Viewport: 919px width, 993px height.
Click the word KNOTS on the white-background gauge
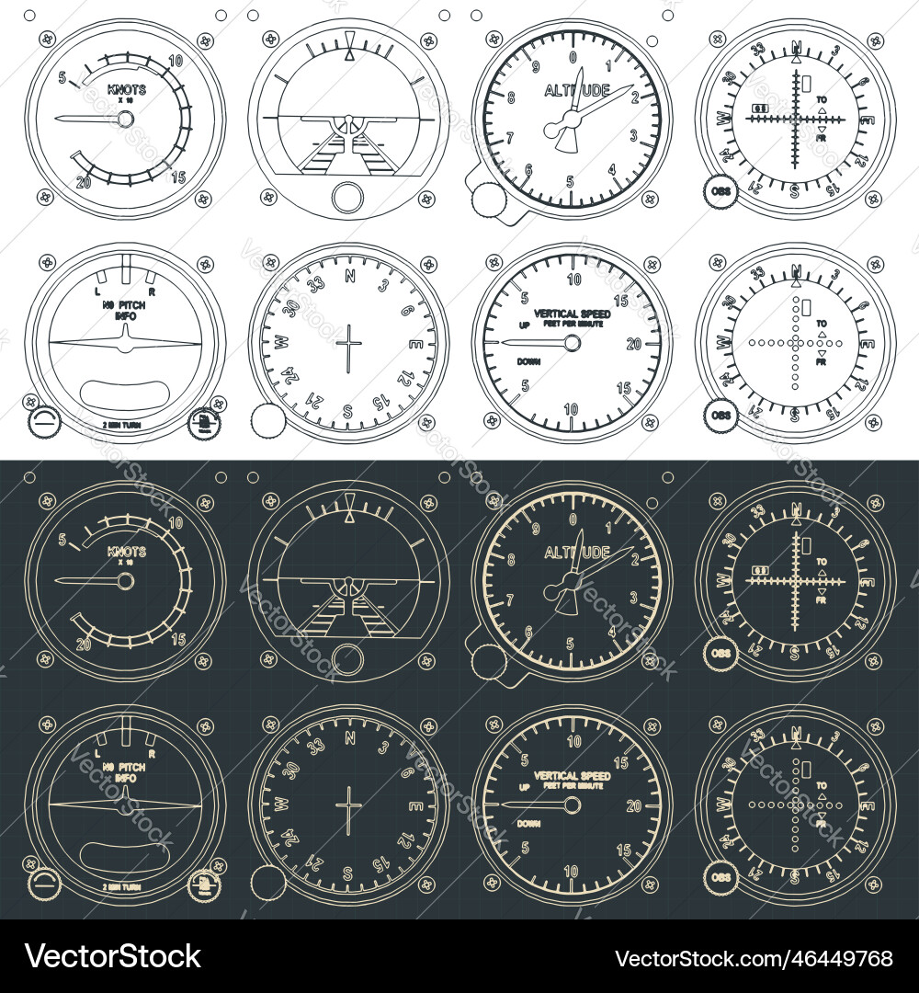coord(126,90)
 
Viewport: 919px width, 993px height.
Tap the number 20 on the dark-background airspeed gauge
coord(85,644)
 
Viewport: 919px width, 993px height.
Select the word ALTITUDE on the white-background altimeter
coord(576,90)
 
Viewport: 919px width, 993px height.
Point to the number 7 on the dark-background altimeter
coord(511,600)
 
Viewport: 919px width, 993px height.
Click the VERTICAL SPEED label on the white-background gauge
coord(572,314)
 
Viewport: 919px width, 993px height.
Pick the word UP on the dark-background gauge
coord(525,788)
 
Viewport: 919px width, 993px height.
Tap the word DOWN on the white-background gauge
coord(528,361)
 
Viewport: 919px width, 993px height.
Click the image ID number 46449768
coord(753,958)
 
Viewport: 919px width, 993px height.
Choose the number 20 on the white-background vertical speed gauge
coord(632,343)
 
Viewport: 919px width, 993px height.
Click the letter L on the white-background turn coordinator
coord(98,291)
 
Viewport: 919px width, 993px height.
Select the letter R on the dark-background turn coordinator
coord(152,752)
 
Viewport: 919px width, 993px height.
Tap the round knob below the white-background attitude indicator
coord(348,197)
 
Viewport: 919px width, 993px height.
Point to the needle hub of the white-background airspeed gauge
coord(126,119)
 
